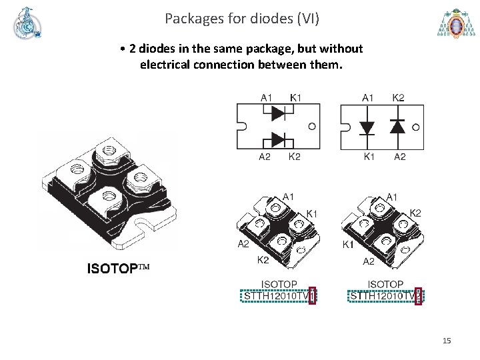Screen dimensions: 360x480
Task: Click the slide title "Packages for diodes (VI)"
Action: [242, 18]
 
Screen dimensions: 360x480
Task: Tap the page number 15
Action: [447, 341]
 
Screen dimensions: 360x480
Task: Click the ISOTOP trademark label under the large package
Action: [118, 269]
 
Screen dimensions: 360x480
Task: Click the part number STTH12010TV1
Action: [278, 295]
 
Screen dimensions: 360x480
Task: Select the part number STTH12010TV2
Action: [385, 295]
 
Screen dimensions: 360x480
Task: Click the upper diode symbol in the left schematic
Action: [278, 113]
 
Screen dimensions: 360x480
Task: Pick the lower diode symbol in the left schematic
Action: [278, 139]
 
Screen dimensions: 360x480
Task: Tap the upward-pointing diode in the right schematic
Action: [397, 127]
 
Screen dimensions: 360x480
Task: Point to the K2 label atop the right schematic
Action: [398, 98]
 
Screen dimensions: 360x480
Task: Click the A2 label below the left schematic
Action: [265, 157]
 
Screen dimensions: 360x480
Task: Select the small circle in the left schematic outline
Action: [312, 126]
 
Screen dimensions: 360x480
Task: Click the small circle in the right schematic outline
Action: [416, 126]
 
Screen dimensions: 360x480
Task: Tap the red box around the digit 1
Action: [312, 295]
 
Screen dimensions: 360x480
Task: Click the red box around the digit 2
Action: [418, 295]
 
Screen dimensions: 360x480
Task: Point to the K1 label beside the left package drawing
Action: [311, 213]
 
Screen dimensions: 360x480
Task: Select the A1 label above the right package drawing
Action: [393, 197]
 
